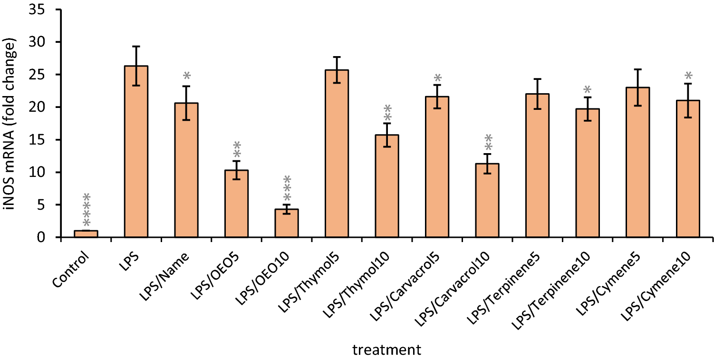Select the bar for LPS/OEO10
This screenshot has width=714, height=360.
[287, 223]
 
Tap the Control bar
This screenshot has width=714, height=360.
[86, 234]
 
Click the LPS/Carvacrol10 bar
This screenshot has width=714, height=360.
[487, 200]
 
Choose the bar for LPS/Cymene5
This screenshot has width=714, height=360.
[637, 162]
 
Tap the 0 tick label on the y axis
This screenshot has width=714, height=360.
[41, 237]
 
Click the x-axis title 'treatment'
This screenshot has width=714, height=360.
[386, 351]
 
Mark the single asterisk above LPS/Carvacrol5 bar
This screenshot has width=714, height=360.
[437, 78]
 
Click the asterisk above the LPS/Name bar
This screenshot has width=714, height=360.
[186, 76]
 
